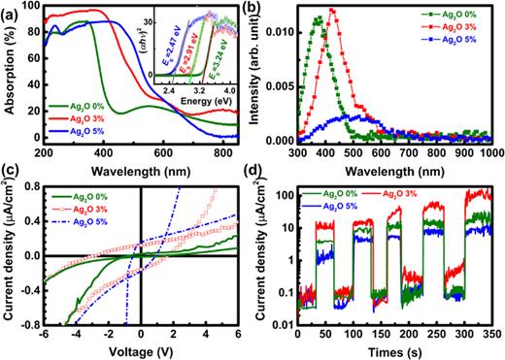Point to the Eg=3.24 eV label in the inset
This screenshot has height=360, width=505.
(x=222, y=53)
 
